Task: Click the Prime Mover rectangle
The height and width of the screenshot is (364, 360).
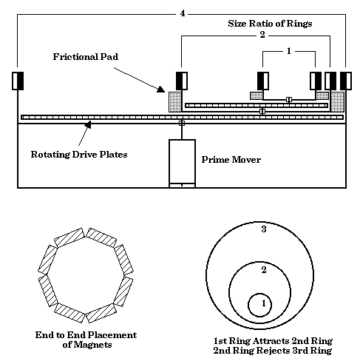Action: click(182, 164)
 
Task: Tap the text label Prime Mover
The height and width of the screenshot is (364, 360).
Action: click(231, 160)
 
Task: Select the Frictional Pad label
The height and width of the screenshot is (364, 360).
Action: click(86, 57)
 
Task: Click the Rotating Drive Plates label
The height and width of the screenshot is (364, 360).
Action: click(79, 155)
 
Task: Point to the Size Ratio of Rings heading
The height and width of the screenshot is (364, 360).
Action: click(270, 24)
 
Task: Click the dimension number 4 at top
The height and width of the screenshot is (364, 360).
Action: click(183, 13)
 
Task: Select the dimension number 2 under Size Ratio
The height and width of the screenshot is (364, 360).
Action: click(262, 35)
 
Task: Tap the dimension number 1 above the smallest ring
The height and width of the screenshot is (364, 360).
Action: click(289, 51)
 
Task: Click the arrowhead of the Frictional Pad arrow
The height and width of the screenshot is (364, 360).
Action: click(161, 90)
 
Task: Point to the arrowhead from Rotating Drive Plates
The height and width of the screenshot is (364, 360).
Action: click(88, 124)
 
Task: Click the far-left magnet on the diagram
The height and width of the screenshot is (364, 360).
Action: click(18, 81)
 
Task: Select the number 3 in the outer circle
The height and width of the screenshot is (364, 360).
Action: click(264, 229)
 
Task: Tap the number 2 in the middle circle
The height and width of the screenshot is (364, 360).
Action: click(264, 270)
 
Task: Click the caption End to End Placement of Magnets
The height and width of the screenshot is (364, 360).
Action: click(86, 340)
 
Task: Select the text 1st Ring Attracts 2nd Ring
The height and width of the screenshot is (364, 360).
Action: click(273, 341)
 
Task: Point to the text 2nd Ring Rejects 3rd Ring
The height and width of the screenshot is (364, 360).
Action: click(273, 351)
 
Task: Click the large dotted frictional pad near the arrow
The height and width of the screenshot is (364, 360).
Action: click(175, 102)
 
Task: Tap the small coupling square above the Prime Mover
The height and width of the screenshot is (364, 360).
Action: click(182, 123)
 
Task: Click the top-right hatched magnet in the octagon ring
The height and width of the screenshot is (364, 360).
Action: click(101, 237)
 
